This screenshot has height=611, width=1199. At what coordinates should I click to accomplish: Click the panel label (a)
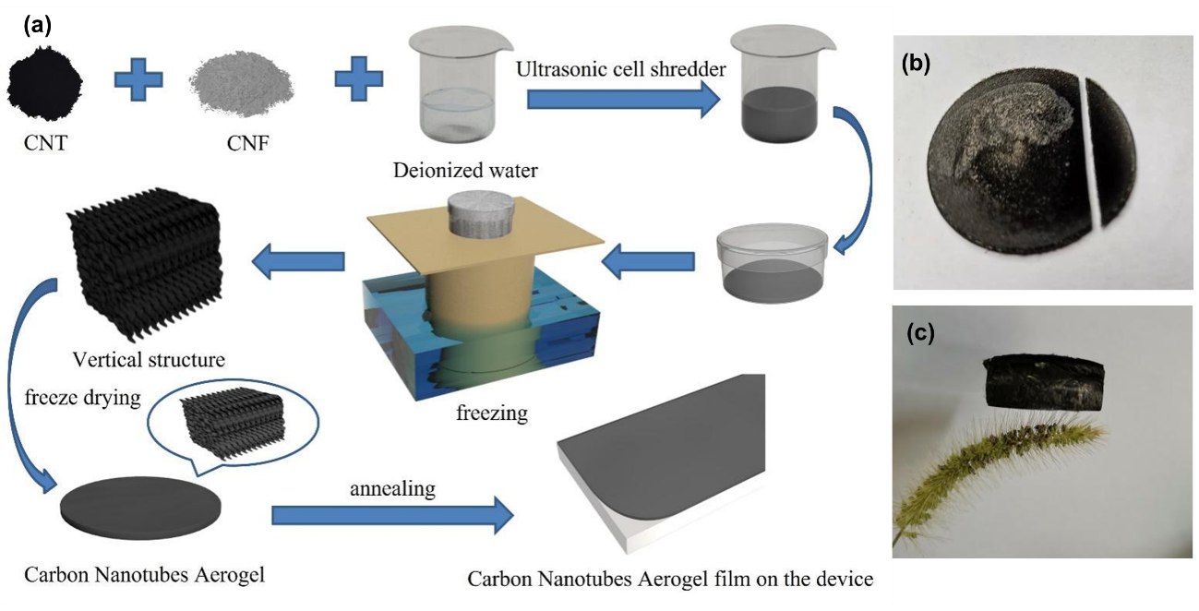coord(38,26)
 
